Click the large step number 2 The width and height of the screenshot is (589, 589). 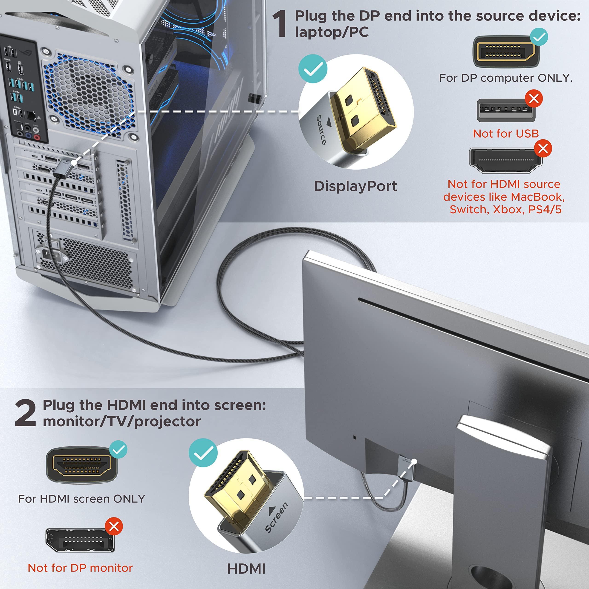tap(25, 413)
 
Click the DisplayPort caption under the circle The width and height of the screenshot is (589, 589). tap(355, 186)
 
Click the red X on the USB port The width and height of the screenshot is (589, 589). tap(534, 98)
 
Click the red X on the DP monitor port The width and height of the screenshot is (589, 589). tap(114, 526)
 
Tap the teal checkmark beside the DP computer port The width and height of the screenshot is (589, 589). tap(539, 37)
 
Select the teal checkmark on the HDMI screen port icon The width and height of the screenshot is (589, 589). tap(118, 449)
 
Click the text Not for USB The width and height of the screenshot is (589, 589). tap(506, 133)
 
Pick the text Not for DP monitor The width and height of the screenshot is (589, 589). tap(80, 568)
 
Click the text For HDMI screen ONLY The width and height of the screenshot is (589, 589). tap(81, 499)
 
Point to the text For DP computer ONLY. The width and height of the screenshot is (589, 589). tap(505, 78)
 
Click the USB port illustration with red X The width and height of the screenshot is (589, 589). tap(505, 110)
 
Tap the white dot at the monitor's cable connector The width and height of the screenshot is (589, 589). tap(414, 462)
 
